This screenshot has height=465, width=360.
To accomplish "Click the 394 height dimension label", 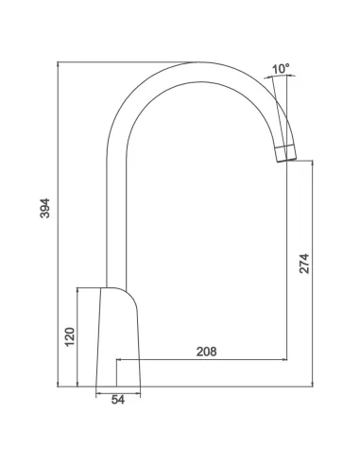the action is point(45,208).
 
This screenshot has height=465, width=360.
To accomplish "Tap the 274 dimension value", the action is point(304,264).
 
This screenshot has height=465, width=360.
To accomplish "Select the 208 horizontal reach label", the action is point(207,352).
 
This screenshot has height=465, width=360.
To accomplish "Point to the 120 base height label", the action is point(70,337).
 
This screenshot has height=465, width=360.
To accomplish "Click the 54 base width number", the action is point(118,400).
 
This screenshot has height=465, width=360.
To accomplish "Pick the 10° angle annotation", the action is point(281,69).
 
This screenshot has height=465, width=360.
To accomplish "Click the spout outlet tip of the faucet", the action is point(287,160).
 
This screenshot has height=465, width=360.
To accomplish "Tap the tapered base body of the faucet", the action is point(118,337).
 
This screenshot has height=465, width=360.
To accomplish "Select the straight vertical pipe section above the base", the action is point(116,220).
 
